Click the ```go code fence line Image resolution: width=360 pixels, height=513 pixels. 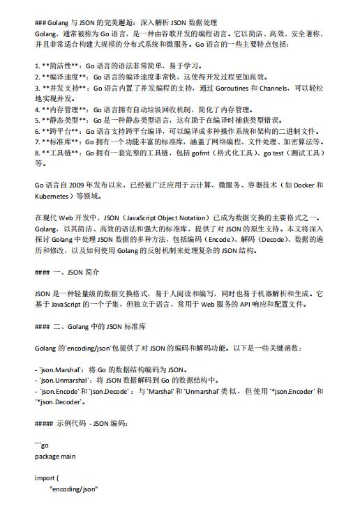click(x=41, y=445)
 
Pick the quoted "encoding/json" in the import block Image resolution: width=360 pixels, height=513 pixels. click(x=73, y=489)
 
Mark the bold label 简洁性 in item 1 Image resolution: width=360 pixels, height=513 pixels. click(x=60, y=66)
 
